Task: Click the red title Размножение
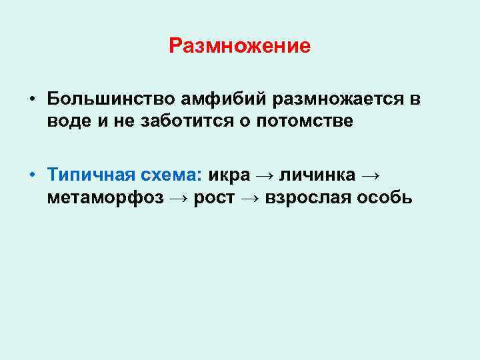pyautogui.click(x=239, y=46)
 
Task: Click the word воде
pyautogui.click(x=69, y=121)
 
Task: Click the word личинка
pyautogui.click(x=317, y=175)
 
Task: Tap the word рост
pyautogui.click(x=214, y=198)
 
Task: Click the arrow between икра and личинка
pyautogui.click(x=265, y=176)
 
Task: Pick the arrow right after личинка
pyautogui.click(x=371, y=176)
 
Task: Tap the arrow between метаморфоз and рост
pyautogui.click(x=178, y=199)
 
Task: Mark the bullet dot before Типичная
pyautogui.click(x=31, y=176)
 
